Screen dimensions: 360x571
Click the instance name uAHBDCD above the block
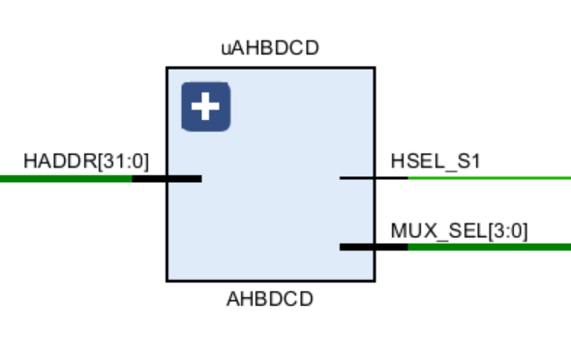click(270, 47)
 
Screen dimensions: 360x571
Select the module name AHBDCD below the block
click(270, 299)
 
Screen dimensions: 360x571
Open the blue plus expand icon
click(205, 106)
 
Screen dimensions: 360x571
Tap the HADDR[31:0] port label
click(86, 160)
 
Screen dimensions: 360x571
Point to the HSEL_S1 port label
click(435, 161)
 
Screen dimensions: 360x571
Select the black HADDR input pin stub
click(166, 178)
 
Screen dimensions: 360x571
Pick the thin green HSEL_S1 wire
click(489, 178)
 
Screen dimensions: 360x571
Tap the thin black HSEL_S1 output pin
click(374, 178)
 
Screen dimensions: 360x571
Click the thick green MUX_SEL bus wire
click(489, 247)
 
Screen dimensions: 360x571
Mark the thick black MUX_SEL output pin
click(374, 247)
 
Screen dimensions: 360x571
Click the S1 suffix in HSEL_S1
click(468, 161)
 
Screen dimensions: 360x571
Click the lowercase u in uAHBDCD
click(225, 47)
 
